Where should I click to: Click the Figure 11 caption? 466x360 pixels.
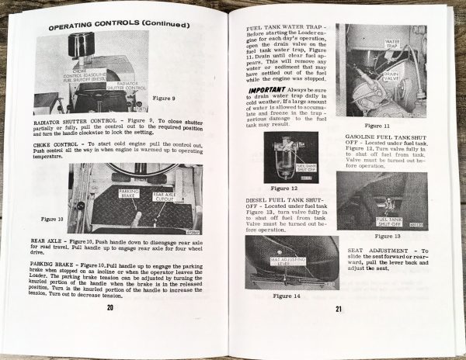(x=377, y=125)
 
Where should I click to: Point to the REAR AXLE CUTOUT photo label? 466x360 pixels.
(x=165, y=196)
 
